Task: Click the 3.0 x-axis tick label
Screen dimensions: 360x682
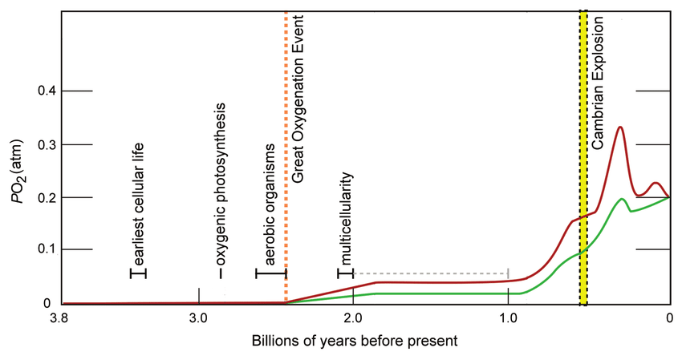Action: coord(199,317)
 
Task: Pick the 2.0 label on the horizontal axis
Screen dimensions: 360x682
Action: coord(354,317)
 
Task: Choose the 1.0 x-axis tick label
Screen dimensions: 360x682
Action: coord(508,317)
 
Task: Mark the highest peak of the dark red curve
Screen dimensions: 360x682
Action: coord(619,127)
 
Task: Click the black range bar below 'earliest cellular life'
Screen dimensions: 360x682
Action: coord(139,273)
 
